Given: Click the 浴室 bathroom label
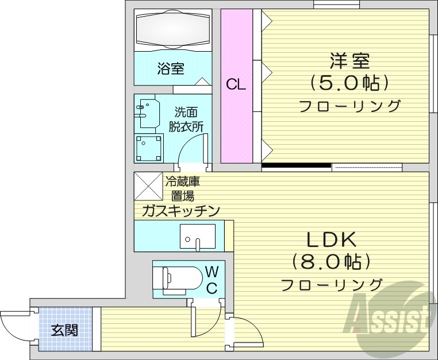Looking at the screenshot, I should (x=171, y=69).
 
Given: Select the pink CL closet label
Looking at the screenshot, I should (x=236, y=85).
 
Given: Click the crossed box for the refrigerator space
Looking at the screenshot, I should (x=148, y=185).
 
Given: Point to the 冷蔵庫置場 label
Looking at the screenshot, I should (x=182, y=189).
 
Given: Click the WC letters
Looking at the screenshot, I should (x=211, y=278).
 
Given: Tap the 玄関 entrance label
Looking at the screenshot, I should (x=64, y=331).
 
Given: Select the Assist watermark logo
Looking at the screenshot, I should (x=391, y=319).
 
